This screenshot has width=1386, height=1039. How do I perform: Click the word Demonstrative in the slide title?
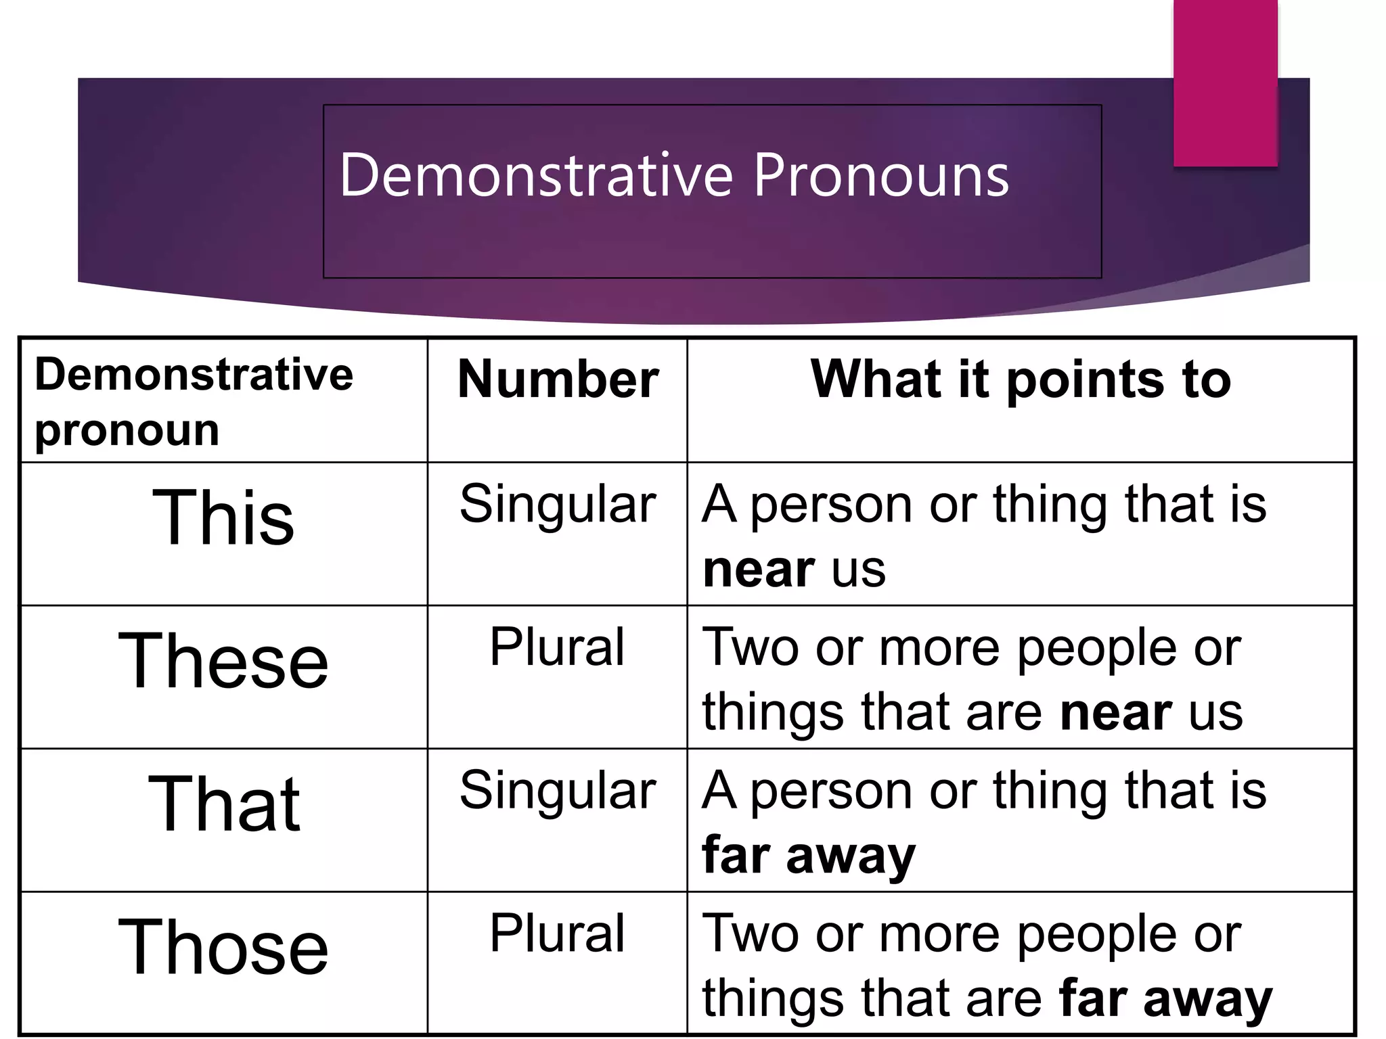pyautogui.click(x=536, y=175)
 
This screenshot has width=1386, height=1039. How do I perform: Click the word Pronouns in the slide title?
pyautogui.click(x=880, y=177)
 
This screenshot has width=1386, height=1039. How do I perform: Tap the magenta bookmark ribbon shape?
pyautogui.click(x=1225, y=83)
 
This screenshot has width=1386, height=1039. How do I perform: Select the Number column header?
pyautogui.click(x=558, y=379)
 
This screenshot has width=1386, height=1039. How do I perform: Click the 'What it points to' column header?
pyautogui.click(x=1021, y=379)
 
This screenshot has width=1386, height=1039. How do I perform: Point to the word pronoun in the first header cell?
pyautogui.click(x=127, y=431)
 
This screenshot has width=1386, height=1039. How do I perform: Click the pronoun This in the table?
pyautogui.click(x=223, y=517)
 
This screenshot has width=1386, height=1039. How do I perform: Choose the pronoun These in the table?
pyautogui.click(x=223, y=661)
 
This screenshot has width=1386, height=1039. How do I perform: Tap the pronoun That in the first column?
pyautogui.click(x=223, y=804)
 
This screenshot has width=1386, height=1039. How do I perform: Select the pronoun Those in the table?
pyautogui.click(x=223, y=948)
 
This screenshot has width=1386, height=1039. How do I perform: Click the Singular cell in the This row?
pyautogui.click(x=558, y=505)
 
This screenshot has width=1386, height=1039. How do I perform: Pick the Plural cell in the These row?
pyautogui.click(x=557, y=647)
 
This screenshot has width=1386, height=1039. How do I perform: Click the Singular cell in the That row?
pyautogui.click(x=558, y=791)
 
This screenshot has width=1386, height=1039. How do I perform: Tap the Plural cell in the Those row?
pyautogui.click(x=557, y=933)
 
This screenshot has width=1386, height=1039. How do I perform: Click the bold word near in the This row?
pyautogui.click(x=758, y=570)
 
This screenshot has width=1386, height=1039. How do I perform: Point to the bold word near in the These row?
pyautogui.click(x=1115, y=713)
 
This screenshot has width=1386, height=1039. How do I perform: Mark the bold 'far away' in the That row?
pyautogui.click(x=809, y=856)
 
